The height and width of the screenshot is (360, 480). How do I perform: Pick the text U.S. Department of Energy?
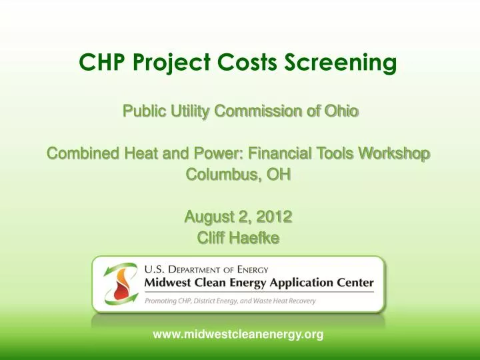click(206, 269)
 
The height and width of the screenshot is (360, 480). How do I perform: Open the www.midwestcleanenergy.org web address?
click(238, 335)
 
